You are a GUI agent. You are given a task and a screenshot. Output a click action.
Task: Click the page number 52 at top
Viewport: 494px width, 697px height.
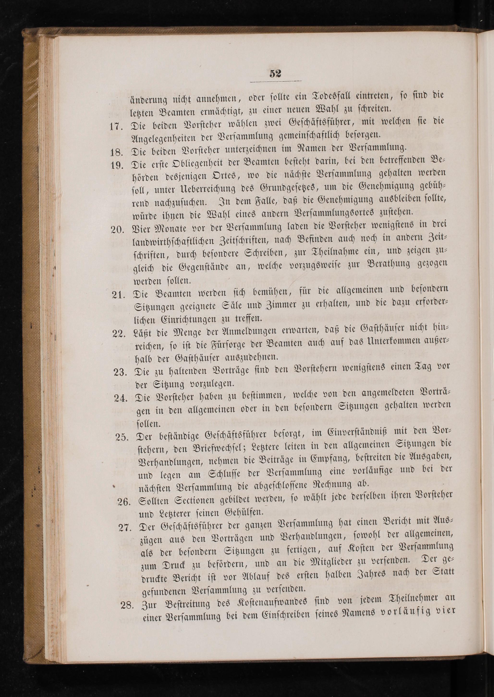pos(275,74)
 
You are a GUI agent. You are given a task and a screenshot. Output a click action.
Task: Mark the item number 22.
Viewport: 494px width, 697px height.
pos(120,334)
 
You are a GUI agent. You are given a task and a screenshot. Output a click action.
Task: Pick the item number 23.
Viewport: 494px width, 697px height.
pos(120,372)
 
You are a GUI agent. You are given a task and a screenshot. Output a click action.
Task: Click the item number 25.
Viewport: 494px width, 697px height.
pos(122,437)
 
